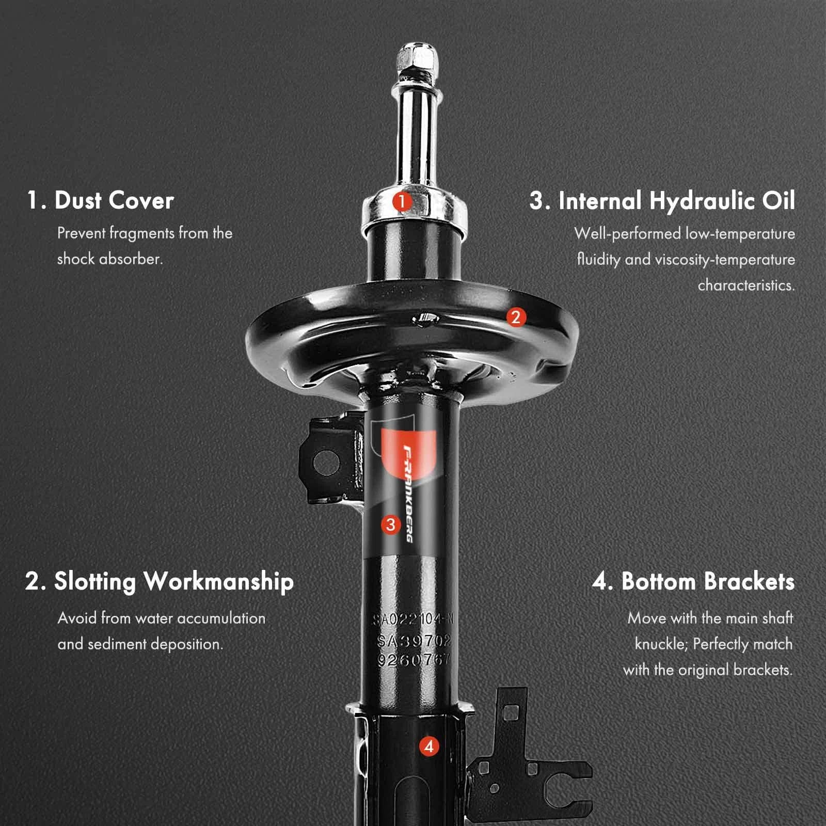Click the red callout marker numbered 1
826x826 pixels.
pyautogui.click(x=401, y=201)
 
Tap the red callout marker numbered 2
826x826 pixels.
pyautogui.click(x=515, y=317)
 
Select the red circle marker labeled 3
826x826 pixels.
pyautogui.click(x=390, y=525)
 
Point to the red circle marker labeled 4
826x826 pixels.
pyautogui.click(x=429, y=746)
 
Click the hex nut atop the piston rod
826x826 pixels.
pyautogui.click(x=418, y=58)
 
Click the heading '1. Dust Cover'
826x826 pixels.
pyautogui.click(x=100, y=200)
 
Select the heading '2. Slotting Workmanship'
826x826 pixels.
pyautogui.click(x=160, y=581)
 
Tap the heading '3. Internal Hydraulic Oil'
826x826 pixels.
pyautogui.click(x=662, y=201)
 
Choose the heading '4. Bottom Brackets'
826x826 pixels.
pyautogui.click(x=693, y=581)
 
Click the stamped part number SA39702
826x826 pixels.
pyautogui.click(x=415, y=641)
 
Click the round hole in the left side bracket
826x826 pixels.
pyautogui.click(x=326, y=461)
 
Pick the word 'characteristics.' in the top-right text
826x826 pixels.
pyautogui.click(x=746, y=285)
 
